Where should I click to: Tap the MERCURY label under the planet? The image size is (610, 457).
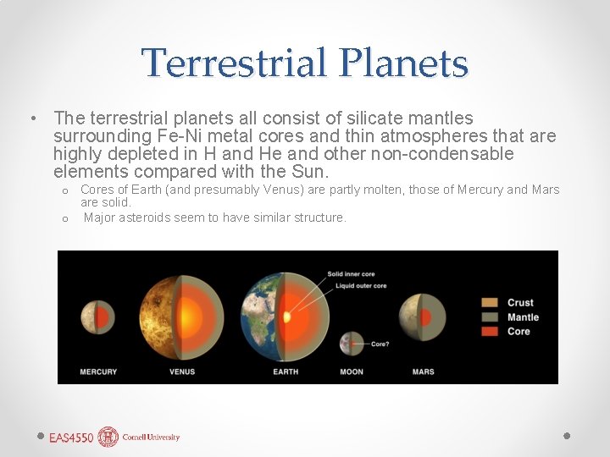click(x=98, y=372)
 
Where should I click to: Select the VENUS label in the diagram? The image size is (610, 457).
click(x=182, y=372)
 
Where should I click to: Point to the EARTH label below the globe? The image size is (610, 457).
click(x=286, y=372)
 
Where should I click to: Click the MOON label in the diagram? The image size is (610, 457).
click(x=351, y=372)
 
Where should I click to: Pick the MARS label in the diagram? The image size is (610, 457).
click(x=423, y=372)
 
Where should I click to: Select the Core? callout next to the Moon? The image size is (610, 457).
click(x=380, y=344)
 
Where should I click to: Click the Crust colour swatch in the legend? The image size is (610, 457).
click(x=490, y=302)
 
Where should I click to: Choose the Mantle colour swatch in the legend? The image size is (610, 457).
click(x=490, y=317)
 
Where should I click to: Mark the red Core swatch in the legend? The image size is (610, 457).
click(x=490, y=331)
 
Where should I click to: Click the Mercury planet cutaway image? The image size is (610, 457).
click(x=97, y=317)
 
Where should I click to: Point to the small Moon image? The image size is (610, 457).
click(x=351, y=344)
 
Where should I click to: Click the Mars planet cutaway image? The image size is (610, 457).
click(x=422, y=316)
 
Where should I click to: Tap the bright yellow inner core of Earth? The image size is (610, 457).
click(x=287, y=317)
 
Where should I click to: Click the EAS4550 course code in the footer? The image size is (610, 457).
click(x=71, y=438)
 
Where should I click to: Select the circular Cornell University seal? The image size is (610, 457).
click(x=108, y=437)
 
